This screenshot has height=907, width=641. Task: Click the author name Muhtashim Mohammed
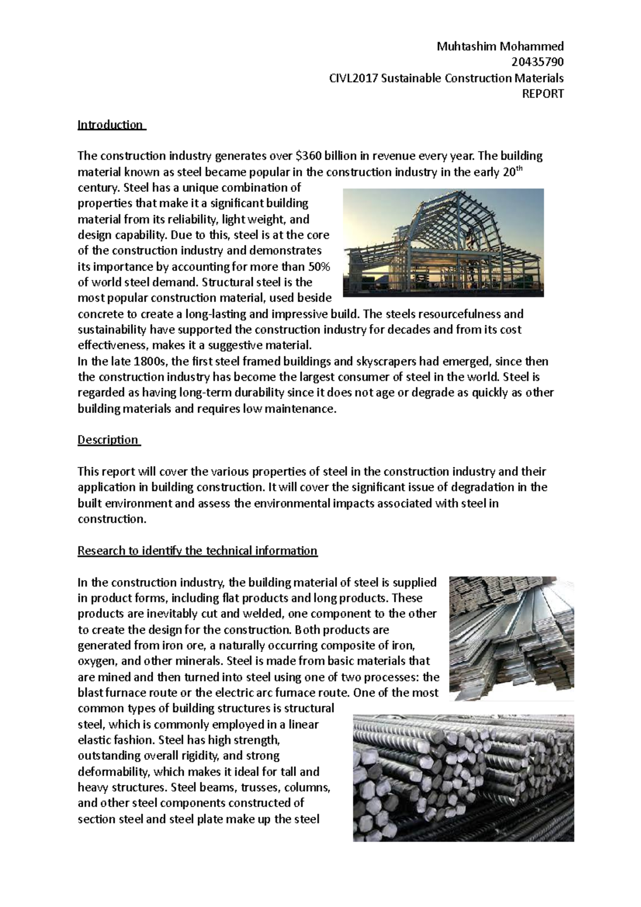500,46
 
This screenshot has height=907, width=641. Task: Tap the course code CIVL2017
354,79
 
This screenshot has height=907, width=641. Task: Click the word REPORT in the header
543,94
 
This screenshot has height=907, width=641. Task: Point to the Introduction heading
110,125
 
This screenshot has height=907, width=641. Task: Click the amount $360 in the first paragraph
309,156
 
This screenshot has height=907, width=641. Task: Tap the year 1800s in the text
149,362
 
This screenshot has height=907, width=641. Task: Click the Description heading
108,440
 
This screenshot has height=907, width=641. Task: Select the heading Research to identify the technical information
197,551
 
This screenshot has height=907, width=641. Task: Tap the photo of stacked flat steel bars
511,638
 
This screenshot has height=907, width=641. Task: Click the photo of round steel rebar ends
463,777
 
